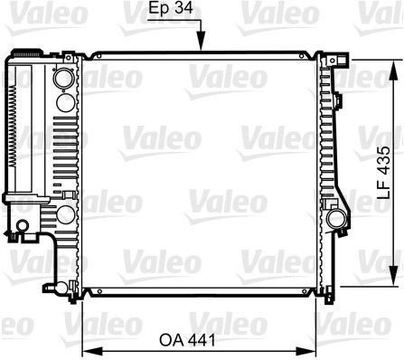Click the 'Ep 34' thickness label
(x=171, y=8)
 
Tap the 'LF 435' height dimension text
(x=384, y=173)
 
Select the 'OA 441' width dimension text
(x=187, y=340)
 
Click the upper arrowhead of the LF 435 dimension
(x=393, y=70)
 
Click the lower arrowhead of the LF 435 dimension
(x=393, y=276)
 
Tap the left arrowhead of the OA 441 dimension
(x=92, y=351)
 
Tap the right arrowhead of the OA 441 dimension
(x=305, y=351)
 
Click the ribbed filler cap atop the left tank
(x=27, y=53)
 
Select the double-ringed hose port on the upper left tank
(x=64, y=78)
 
